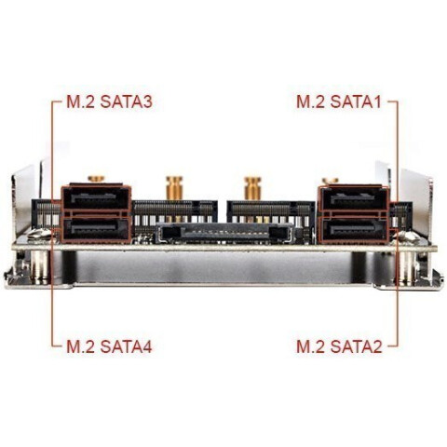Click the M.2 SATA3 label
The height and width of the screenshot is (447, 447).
coord(109,102)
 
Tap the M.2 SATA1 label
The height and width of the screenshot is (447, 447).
coord(339,102)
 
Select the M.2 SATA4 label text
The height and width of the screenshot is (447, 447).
coord(109,346)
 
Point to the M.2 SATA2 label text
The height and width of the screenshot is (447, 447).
coord(339,346)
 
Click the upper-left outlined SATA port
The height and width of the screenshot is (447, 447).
coord(96,198)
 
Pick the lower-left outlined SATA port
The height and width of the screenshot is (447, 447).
coord(96,230)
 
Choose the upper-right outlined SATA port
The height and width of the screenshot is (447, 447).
coord(354,198)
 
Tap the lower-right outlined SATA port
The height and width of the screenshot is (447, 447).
coord(354,230)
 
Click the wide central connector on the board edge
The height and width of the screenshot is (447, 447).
coord(224,233)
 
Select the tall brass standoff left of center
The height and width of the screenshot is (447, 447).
coord(174,188)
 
